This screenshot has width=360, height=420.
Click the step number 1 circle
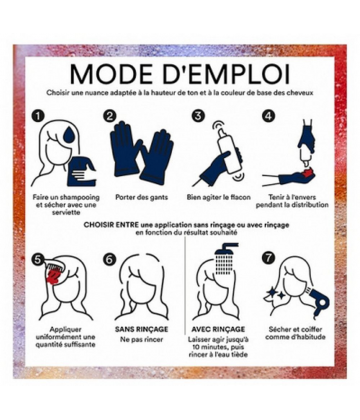(x=39, y=116)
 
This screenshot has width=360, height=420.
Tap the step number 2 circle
(x=110, y=116)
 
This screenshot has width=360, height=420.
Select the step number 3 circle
(x=198, y=116)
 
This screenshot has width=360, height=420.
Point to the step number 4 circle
(x=268, y=116)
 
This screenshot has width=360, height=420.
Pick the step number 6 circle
(x=109, y=259)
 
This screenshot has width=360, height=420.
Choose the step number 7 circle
(x=268, y=258)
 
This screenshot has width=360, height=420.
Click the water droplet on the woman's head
(x=69, y=136)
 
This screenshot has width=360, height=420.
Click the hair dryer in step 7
(x=319, y=299)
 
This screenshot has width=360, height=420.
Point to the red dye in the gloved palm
(x=307, y=174)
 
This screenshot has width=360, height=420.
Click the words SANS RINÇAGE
(x=142, y=329)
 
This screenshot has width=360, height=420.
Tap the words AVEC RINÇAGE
(x=218, y=329)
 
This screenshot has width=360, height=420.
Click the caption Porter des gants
(x=142, y=197)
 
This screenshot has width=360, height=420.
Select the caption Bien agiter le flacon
(x=218, y=197)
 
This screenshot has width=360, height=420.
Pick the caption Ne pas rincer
(x=142, y=340)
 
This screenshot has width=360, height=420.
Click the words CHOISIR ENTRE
(x=111, y=225)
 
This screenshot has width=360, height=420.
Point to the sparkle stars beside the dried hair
(x=275, y=293)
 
